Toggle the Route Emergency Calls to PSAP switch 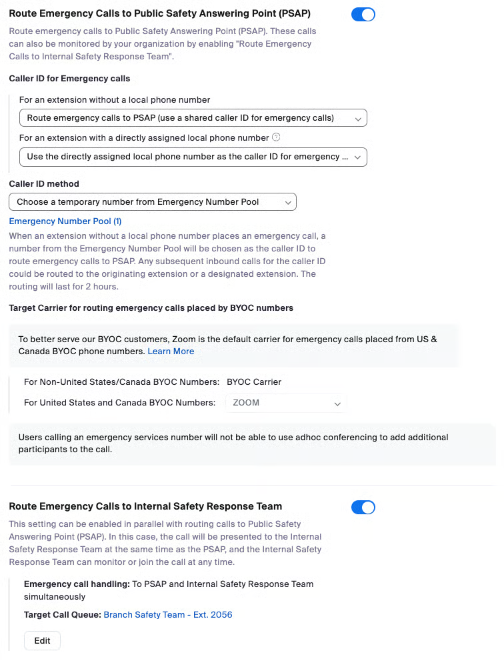[x=363, y=15]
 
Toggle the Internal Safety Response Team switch [x=363, y=508]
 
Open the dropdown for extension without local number [x=193, y=118]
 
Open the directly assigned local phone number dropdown [x=193, y=157]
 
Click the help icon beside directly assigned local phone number [x=276, y=137]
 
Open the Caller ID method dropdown [x=152, y=201]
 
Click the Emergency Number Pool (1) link [x=65, y=221]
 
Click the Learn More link [x=171, y=352]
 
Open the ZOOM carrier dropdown [x=286, y=403]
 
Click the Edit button [x=42, y=641]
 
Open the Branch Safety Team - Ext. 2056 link [x=168, y=615]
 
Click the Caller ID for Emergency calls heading [x=69, y=79]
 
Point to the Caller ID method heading [x=44, y=184]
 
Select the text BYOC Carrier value [x=254, y=382]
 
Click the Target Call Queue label [x=62, y=615]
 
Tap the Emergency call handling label [x=77, y=584]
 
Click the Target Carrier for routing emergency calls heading [x=151, y=308]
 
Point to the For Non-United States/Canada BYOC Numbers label [x=121, y=382]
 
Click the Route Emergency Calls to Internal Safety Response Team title [x=145, y=506]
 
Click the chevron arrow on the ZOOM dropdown [x=337, y=404]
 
